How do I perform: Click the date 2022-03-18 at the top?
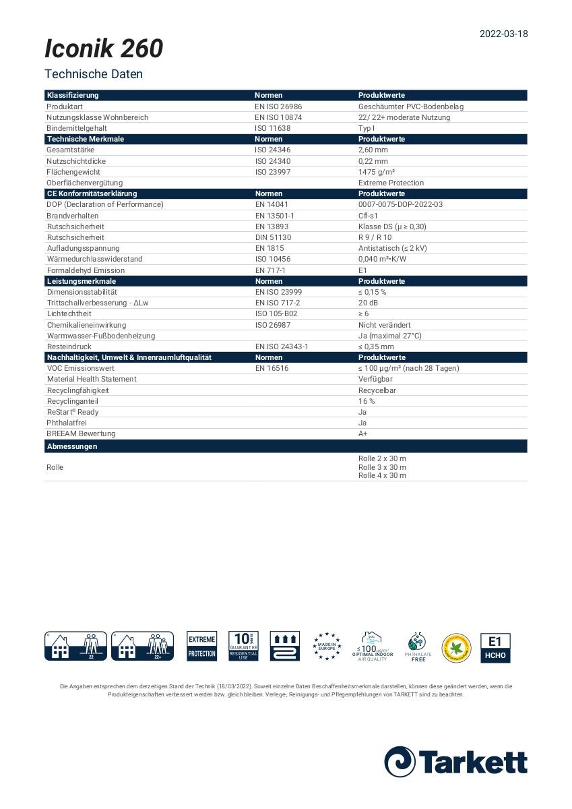click(503, 34)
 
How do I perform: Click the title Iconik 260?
click(104, 49)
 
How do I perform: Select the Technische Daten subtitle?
click(94, 74)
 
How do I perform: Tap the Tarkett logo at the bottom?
click(455, 761)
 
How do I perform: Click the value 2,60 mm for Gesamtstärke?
click(373, 150)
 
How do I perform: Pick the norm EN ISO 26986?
click(278, 107)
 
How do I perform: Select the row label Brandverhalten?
click(72, 216)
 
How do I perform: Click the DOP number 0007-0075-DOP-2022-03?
click(400, 204)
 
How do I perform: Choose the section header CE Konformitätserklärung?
click(92, 193)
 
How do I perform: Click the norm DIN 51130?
click(272, 237)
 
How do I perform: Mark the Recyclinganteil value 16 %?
click(367, 401)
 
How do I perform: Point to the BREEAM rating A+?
click(363, 433)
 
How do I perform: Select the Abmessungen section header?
click(72, 446)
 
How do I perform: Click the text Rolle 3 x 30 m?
click(382, 467)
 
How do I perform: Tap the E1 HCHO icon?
click(495, 647)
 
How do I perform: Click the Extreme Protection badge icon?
click(201, 647)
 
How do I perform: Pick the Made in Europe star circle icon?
click(327, 647)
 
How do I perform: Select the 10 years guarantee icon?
click(243, 647)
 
